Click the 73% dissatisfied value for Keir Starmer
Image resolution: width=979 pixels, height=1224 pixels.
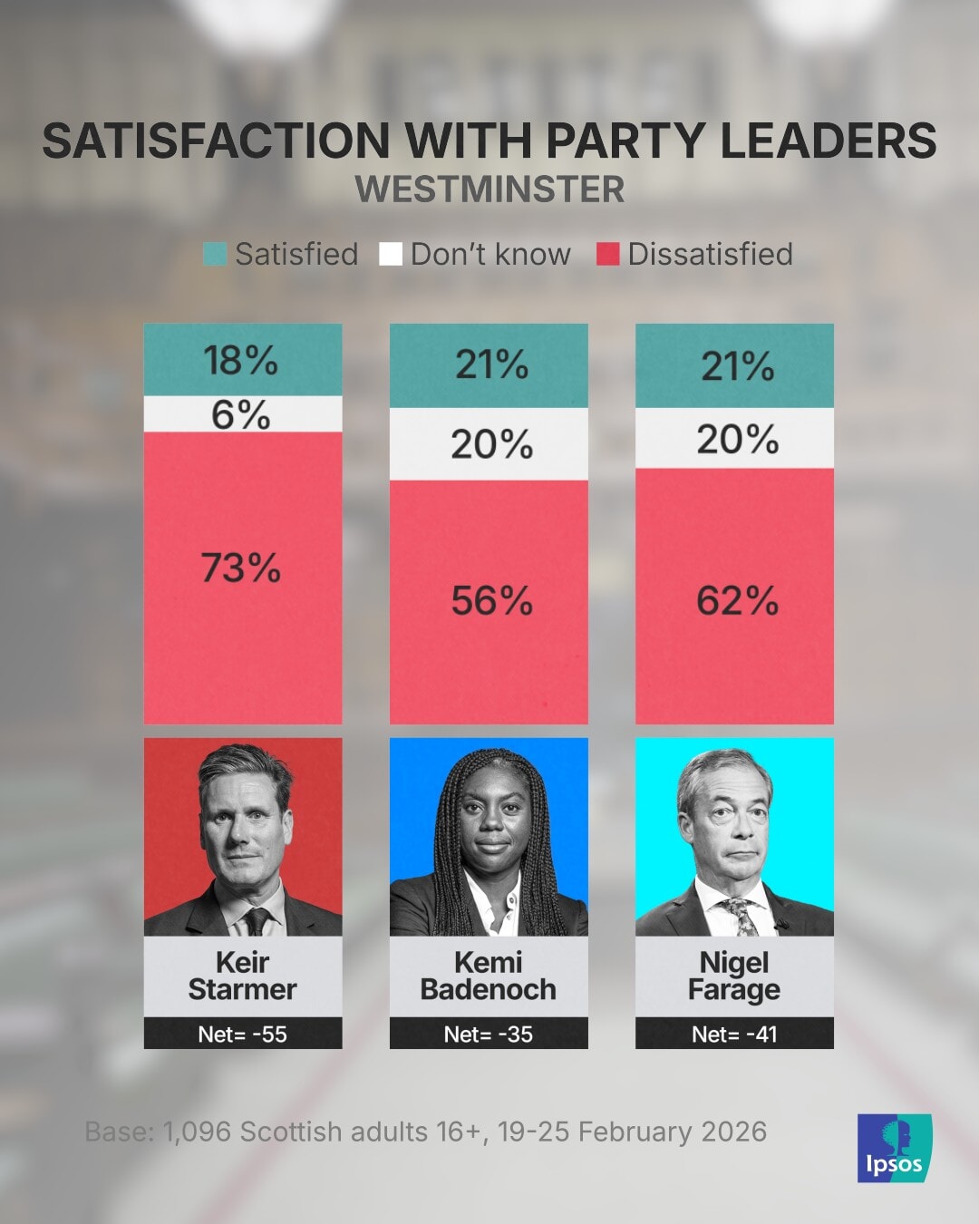coord(241,568)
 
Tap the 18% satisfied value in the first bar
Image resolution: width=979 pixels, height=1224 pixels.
coord(241,360)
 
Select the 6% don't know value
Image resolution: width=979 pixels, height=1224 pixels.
coord(241,415)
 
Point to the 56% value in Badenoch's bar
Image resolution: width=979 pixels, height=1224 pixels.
coord(492,601)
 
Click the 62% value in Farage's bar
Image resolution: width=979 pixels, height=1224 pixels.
coord(737,601)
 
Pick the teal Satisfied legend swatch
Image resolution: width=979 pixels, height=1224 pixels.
coord(215,254)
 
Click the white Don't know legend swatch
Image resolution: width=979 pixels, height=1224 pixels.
coord(391,254)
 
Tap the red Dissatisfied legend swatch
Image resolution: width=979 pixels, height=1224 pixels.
coord(607,254)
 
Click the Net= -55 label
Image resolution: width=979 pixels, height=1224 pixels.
coord(242,1034)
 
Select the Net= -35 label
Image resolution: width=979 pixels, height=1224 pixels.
coord(489,1034)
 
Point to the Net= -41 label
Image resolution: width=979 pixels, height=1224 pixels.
coord(734,1034)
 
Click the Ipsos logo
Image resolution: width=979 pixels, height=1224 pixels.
coord(894,1148)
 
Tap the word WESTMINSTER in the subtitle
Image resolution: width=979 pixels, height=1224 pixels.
coord(489,189)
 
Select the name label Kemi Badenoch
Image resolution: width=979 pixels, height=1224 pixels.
coord(489,976)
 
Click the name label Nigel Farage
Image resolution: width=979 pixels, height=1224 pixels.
coord(734,976)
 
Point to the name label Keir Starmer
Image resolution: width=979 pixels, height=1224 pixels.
coord(242,976)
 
